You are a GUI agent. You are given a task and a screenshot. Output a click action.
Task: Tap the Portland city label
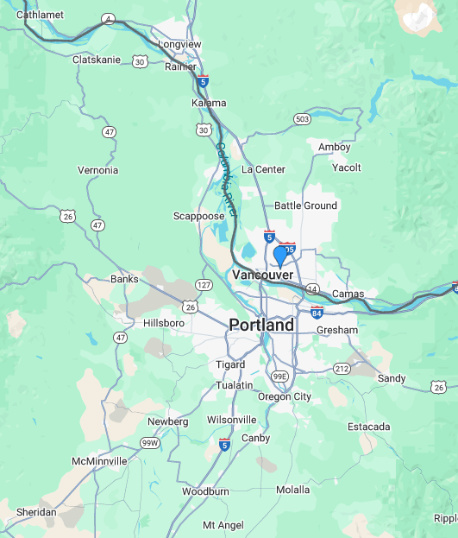260,326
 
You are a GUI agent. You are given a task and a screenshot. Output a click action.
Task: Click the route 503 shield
302,119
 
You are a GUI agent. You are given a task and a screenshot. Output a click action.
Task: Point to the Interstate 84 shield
317,311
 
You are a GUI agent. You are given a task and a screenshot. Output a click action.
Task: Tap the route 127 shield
204,284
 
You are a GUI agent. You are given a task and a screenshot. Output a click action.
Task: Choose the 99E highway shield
279,377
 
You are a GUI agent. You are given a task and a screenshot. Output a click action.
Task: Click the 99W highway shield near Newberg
150,443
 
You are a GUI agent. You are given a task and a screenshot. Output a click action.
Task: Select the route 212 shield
342,369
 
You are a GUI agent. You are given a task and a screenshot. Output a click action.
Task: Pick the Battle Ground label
305,206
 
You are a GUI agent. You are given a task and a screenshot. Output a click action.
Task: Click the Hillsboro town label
163,323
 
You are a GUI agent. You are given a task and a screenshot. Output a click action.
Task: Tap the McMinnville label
99,461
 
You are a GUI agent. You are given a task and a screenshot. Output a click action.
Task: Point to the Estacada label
368,427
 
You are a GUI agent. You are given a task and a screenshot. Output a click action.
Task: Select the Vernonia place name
97,170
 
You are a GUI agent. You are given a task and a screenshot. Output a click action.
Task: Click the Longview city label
179,44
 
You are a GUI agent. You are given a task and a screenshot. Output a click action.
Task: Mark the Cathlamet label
39,15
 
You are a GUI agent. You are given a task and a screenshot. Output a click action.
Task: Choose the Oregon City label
284,396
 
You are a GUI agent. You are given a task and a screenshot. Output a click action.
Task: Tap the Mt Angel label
223,525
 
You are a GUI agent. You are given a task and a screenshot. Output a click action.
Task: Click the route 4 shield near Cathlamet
108,18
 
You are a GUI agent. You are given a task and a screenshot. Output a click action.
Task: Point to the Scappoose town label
199,216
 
